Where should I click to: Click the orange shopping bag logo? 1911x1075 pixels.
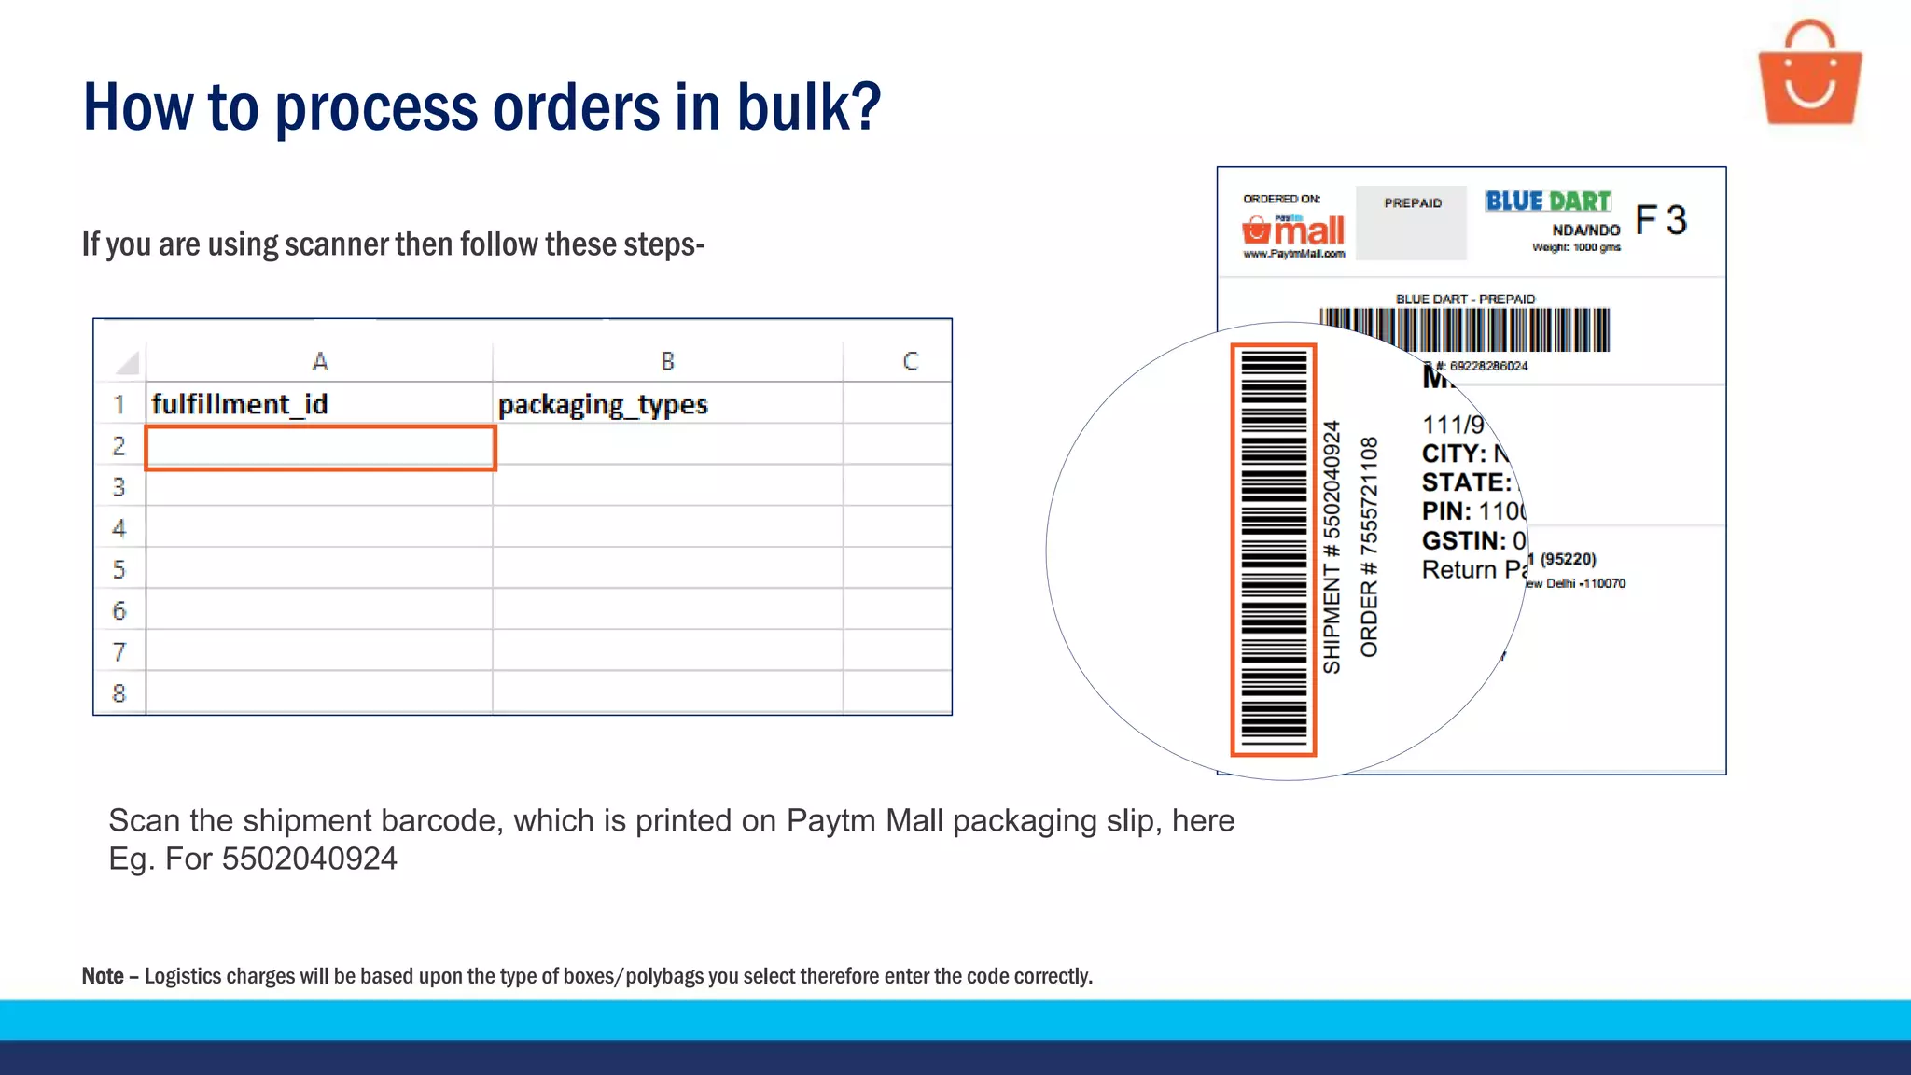1809,75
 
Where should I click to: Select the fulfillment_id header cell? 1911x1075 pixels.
240,404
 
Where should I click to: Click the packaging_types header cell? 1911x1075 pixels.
603,405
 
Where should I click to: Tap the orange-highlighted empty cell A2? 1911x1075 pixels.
320,448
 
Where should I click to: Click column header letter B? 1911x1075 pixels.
667,361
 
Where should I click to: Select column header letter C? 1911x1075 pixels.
910,361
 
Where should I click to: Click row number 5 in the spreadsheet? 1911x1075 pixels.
119,569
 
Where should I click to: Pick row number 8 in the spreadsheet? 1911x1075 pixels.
119,693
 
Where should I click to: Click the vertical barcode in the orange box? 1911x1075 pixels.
1273,550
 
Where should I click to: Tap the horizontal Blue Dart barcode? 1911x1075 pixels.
1464,329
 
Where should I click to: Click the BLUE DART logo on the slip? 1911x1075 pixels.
1548,202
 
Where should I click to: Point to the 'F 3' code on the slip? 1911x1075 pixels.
1661,221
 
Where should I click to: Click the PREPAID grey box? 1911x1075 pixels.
1412,222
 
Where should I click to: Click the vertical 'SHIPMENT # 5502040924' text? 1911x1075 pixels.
1332,547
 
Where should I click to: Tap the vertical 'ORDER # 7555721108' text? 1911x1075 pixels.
1369,547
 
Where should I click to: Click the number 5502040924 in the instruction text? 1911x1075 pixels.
309,859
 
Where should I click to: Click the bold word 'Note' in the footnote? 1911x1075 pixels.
103,976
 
